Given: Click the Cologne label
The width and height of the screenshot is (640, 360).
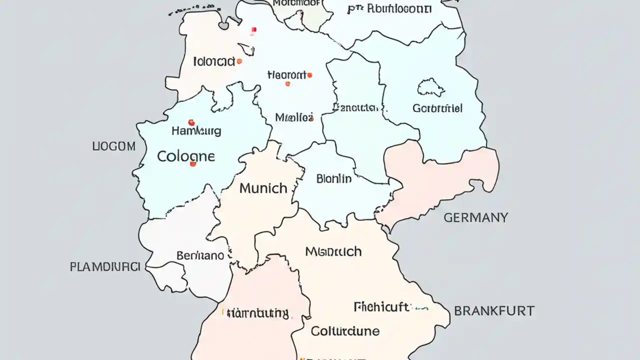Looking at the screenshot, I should (x=186, y=156).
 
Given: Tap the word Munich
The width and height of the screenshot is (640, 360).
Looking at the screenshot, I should (x=263, y=188).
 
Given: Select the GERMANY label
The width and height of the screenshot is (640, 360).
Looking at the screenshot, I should (x=475, y=217).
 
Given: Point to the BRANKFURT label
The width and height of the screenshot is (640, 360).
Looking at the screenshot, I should (x=494, y=311).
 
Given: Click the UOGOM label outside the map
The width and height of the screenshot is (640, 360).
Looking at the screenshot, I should (x=114, y=146).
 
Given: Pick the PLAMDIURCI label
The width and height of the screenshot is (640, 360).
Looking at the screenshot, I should (x=104, y=267).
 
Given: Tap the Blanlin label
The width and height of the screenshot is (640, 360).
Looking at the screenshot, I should (x=334, y=179).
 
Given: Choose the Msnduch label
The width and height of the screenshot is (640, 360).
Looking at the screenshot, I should (x=333, y=251).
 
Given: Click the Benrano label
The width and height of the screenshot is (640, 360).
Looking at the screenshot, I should (x=200, y=255).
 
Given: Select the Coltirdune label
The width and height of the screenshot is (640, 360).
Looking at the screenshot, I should (x=345, y=331).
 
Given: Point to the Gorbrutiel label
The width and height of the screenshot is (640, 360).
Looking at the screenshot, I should (x=437, y=108).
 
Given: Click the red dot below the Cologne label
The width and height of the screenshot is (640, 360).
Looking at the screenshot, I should (x=193, y=164).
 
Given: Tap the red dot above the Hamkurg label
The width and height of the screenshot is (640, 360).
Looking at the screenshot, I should (x=191, y=122).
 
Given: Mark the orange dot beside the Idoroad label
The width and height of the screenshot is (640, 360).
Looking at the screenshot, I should (x=239, y=61).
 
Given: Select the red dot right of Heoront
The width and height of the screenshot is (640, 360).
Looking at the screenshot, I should (x=310, y=75).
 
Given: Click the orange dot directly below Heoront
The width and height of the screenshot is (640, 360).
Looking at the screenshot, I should (x=287, y=84).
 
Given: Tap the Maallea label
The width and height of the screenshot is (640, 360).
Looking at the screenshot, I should (x=294, y=118).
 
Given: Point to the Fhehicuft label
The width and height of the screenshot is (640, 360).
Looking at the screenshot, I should (x=381, y=307).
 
